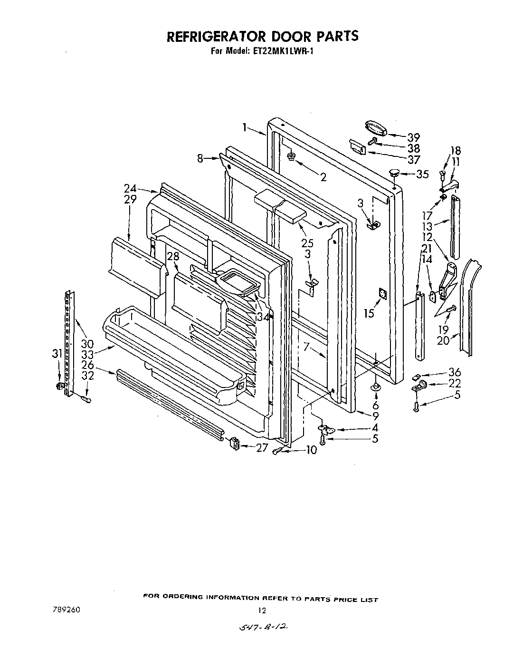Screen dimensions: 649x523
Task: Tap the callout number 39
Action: [414, 137]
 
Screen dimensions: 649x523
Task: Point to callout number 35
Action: [422, 174]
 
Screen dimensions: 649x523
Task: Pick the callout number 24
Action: [130, 188]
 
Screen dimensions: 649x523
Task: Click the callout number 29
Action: [131, 199]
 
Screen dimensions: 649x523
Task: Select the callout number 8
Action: [200, 159]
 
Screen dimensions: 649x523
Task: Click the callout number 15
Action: [369, 313]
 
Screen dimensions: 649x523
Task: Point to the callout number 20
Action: [443, 340]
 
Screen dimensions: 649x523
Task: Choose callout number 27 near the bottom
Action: [262, 447]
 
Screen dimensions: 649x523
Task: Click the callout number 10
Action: [311, 450]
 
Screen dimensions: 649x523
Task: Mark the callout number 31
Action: [57, 354]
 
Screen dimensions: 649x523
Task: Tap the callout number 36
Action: [455, 372]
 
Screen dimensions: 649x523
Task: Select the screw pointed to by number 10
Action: [278, 451]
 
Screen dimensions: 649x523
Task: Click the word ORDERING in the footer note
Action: [184, 598]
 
